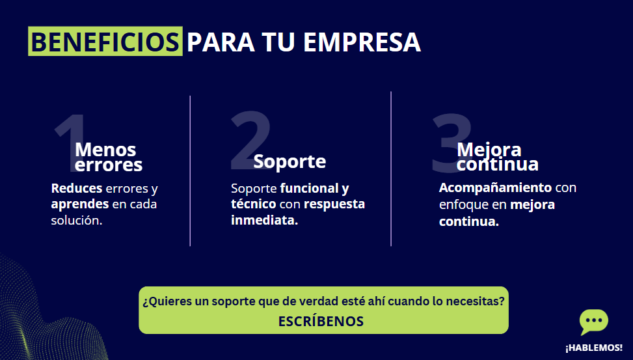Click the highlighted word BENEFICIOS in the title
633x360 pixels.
105,41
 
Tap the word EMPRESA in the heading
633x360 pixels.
362,42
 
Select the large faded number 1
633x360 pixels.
69,141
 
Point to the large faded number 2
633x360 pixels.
250,139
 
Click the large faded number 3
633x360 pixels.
451,143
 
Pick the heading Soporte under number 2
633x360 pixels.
290,161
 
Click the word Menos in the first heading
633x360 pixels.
105,150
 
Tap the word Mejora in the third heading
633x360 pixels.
489,150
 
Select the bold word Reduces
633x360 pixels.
77,188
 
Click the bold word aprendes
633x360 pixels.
80,204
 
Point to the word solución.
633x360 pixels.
77,220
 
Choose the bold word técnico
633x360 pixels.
254,204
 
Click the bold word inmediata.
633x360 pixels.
264,220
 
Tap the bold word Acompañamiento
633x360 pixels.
495,188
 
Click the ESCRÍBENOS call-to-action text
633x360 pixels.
321,321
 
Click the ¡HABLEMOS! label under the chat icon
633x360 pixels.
594,348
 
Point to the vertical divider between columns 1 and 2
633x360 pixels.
190,171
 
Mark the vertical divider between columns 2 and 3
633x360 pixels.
391,169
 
